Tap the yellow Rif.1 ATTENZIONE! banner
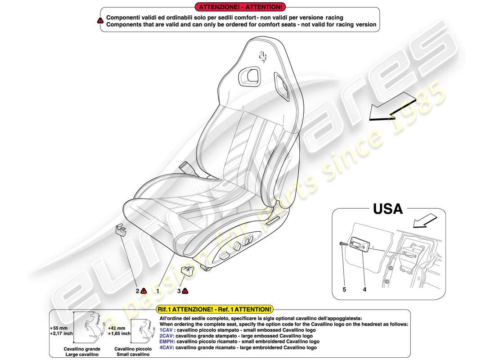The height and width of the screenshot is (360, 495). (214, 309)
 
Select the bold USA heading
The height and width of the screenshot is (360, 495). (387, 209)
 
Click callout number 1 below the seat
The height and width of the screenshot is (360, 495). (158, 291)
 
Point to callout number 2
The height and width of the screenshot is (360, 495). (137, 291)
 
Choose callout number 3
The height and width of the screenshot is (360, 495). (179, 291)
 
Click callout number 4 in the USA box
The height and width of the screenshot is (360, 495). (364, 290)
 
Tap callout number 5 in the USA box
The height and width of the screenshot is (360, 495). (344, 290)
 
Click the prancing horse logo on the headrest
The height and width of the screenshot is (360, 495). (263, 57)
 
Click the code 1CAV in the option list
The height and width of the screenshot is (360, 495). (166, 330)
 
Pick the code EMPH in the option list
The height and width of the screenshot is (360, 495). (167, 342)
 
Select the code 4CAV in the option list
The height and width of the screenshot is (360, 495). (166, 347)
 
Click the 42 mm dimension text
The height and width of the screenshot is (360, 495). (118, 328)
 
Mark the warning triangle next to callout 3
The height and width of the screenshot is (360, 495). (185, 291)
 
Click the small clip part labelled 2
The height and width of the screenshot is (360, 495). (119, 230)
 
